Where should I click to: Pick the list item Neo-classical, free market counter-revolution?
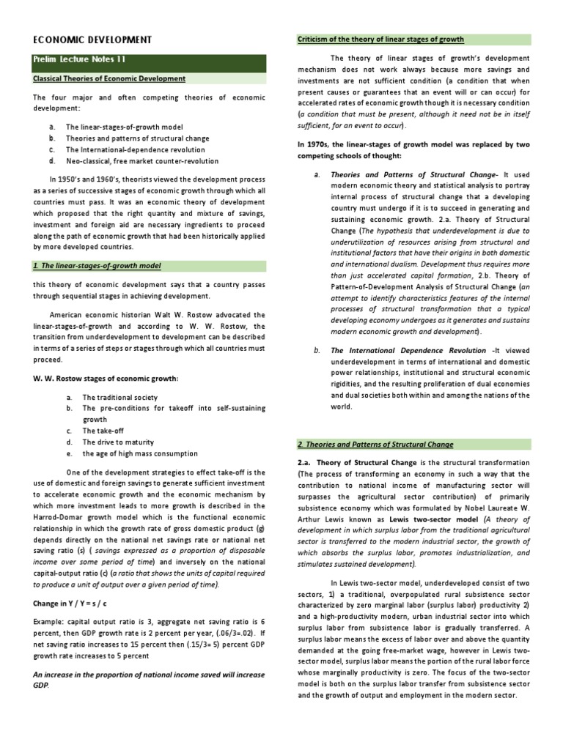(141, 161)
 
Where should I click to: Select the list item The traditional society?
(119, 396)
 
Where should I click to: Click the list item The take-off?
(103, 431)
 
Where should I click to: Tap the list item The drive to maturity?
(118, 442)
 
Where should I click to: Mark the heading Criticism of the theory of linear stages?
(380, 39)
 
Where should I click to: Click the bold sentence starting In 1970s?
(413, 150)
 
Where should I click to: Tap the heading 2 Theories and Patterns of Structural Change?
(375, 445)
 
